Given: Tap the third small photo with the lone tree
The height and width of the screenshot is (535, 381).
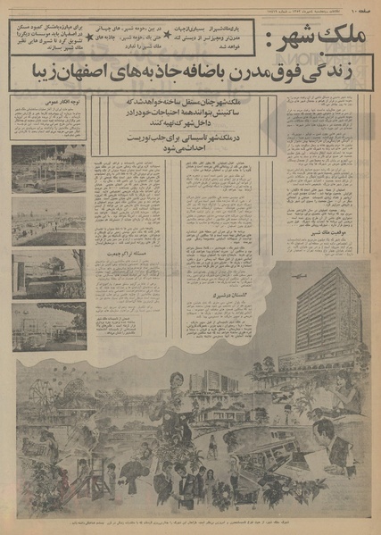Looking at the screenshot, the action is coord(49,273).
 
